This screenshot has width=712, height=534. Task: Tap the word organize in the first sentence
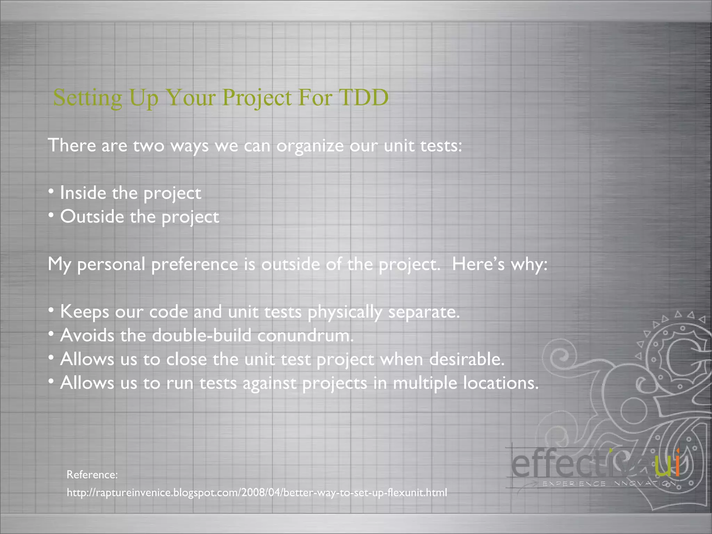coord(310,146)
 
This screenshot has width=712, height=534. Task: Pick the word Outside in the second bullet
coord(92,217)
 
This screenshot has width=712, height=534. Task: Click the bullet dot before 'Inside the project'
coord(51,192)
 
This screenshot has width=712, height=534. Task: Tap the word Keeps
coord(84,312)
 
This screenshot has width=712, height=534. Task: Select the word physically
coord(345,312)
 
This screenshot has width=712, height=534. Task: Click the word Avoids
coord(87,335)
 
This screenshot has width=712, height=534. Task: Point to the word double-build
coord(202,335)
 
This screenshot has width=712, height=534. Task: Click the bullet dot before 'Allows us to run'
coord(51,382)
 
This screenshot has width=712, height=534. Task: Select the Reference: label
coord(92,475)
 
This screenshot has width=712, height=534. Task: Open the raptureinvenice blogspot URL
coord(257,493)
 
